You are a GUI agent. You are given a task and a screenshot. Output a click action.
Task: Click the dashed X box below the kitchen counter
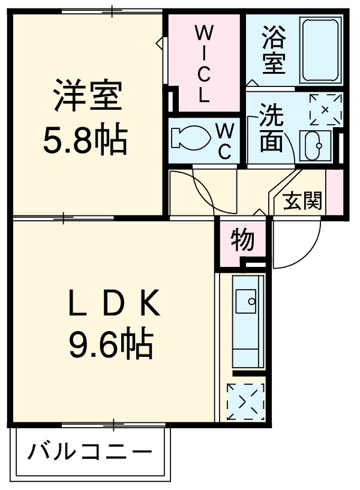(x=245, y=401)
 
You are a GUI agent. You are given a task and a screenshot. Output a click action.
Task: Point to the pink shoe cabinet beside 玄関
(x=334, y=192)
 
